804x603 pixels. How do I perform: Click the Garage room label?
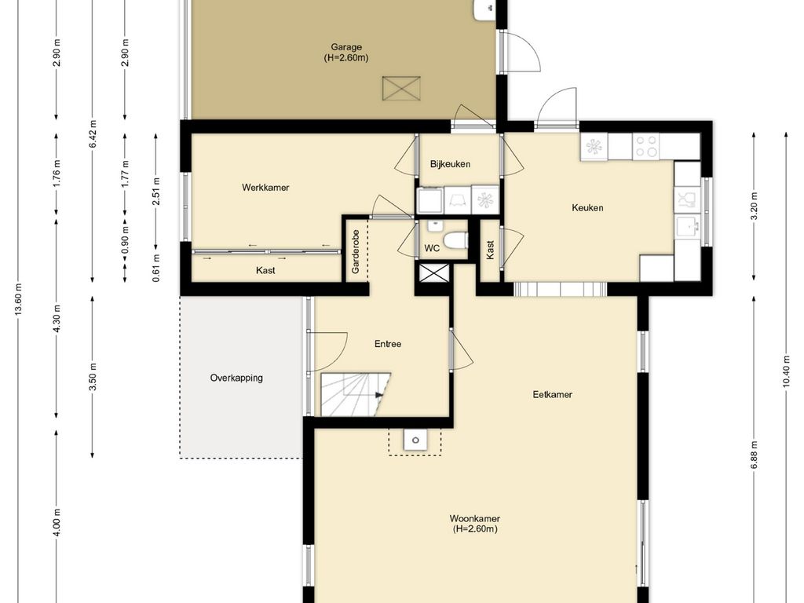(346, 47)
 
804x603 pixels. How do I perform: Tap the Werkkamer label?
(265, 188)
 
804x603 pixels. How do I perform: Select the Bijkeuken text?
(450, 164)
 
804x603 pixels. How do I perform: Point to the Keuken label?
(587, 207)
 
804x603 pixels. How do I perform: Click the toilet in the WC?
(455, 240)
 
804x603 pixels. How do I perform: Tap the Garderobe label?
(356, 251)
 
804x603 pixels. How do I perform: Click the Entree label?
(388, 344)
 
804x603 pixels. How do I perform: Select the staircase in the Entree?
(356, 394)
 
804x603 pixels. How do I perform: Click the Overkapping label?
(236, 378)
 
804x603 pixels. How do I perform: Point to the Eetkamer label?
(552, 394)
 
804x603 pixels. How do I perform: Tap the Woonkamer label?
(475, 518)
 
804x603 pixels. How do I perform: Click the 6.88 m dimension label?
(754, 455)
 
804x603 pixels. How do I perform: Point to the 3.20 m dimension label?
(754, 206)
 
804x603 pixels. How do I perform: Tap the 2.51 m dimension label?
(156, 191)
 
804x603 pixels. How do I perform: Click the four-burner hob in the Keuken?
(646, 146)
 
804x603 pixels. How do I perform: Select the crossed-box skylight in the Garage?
(401, 88)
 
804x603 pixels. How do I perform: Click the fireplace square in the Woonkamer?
(415, 440)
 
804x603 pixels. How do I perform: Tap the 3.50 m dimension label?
(93, 376)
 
